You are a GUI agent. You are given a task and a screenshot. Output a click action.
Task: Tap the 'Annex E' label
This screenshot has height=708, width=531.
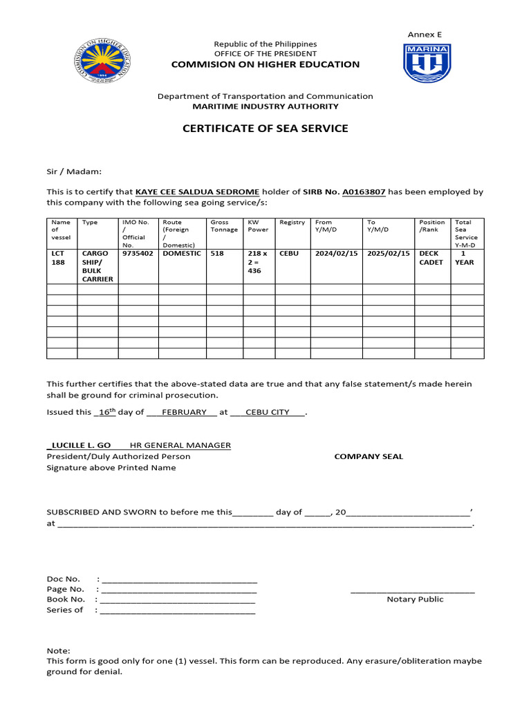(x=424, y=34)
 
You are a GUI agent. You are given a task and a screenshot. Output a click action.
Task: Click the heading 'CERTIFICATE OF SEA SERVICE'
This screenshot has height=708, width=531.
(x=265, y=129)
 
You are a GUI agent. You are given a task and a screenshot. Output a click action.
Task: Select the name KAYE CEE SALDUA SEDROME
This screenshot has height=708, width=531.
(x=197, y=192)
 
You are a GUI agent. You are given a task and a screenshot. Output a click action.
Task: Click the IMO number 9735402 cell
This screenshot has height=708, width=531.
(x=138, y=254)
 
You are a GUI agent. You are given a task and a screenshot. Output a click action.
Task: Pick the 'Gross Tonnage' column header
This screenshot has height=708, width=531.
(x=223, y=226)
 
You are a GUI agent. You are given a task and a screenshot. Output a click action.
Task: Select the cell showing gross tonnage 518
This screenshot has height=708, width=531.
(x=217, y=254)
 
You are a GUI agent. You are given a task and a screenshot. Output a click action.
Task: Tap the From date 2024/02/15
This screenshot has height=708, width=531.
(x=336, y=254)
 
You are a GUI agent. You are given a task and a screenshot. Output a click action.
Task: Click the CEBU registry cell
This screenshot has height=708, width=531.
(x=290, y=254)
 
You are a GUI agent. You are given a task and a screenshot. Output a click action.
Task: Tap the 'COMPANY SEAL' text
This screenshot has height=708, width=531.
(x=369, y=456)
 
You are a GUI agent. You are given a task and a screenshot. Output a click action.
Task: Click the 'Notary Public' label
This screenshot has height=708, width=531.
(x=415, y=599)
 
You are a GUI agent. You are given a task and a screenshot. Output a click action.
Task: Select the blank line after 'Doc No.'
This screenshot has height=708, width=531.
(x=178, y=579)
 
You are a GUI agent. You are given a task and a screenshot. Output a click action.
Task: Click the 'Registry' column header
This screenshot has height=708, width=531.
(x=292, y=223)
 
